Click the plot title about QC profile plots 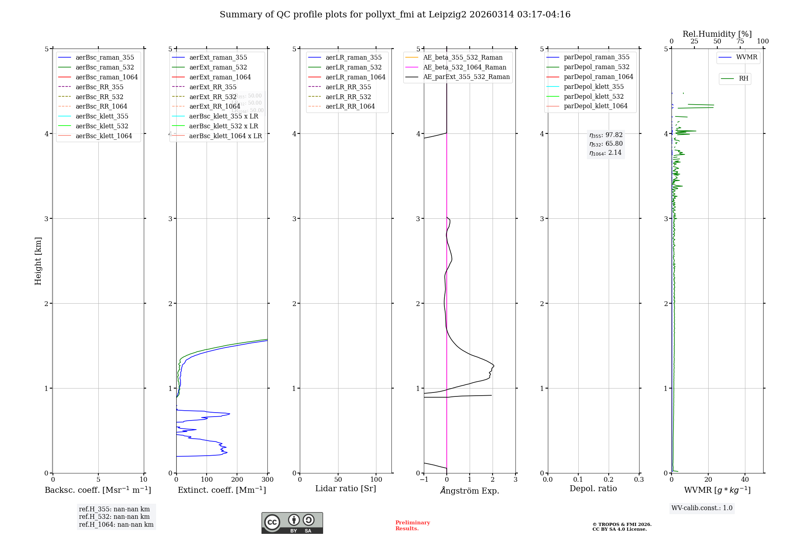tap(395, 15)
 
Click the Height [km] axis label tap(38, 261)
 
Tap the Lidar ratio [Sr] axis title tap(346, 488)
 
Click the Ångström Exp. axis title tap(470, 490)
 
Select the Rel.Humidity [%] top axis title tap(717, 34)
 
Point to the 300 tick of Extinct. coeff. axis tap(267, 480)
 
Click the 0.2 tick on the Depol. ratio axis tap(609, 480)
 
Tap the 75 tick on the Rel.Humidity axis tap(740, 41)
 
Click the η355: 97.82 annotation tap(606, 135)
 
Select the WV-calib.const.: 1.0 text tap(702, 508)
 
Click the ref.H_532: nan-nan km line tap(114, 516)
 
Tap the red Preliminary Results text tap(412, 526)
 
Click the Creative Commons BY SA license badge tap(292, 523)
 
